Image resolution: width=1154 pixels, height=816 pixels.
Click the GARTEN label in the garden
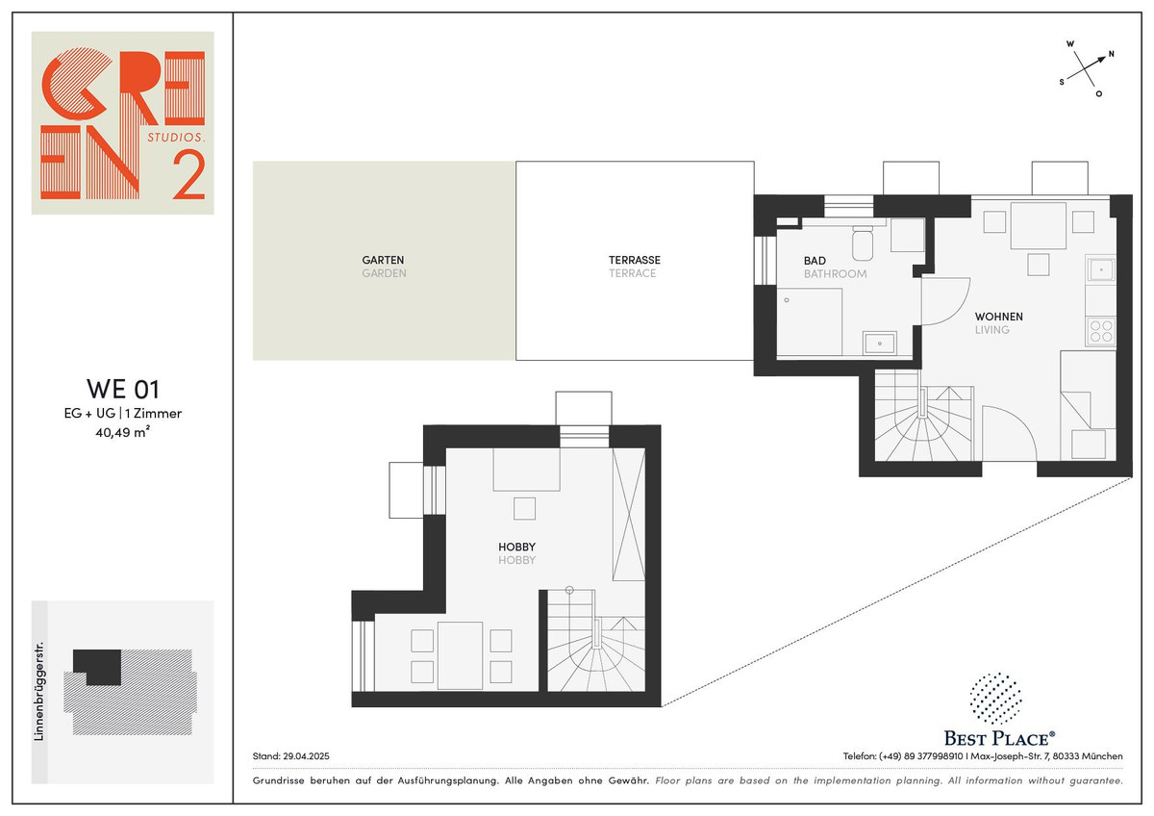pos(383,260)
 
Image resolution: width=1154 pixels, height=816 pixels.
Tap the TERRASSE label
pos(634,260)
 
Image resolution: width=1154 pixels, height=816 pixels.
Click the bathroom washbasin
pos(880,343)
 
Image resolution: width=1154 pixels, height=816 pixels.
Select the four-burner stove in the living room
pos(1101,331)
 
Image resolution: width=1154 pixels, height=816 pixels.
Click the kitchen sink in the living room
pos(1101,269)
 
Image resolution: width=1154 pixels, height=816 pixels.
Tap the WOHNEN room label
pos(998,317)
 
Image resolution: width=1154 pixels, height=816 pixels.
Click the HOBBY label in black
pos(516,547)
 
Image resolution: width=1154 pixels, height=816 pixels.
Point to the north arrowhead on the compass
pos(1101,59)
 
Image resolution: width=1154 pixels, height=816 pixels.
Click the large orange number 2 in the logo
pos(189,175)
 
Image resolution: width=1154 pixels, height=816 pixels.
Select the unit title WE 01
pos(123,389)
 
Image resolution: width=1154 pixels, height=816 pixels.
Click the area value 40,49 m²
pos(123,432)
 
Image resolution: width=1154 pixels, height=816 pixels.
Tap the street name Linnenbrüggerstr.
pos(38,691)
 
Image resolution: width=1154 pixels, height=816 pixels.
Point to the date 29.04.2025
pos(306,756)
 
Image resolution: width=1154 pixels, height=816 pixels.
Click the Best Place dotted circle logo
pos(995,699)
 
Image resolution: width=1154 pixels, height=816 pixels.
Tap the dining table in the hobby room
pos(460,655)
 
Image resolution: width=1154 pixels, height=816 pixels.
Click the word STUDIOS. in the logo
pos(176,137)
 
